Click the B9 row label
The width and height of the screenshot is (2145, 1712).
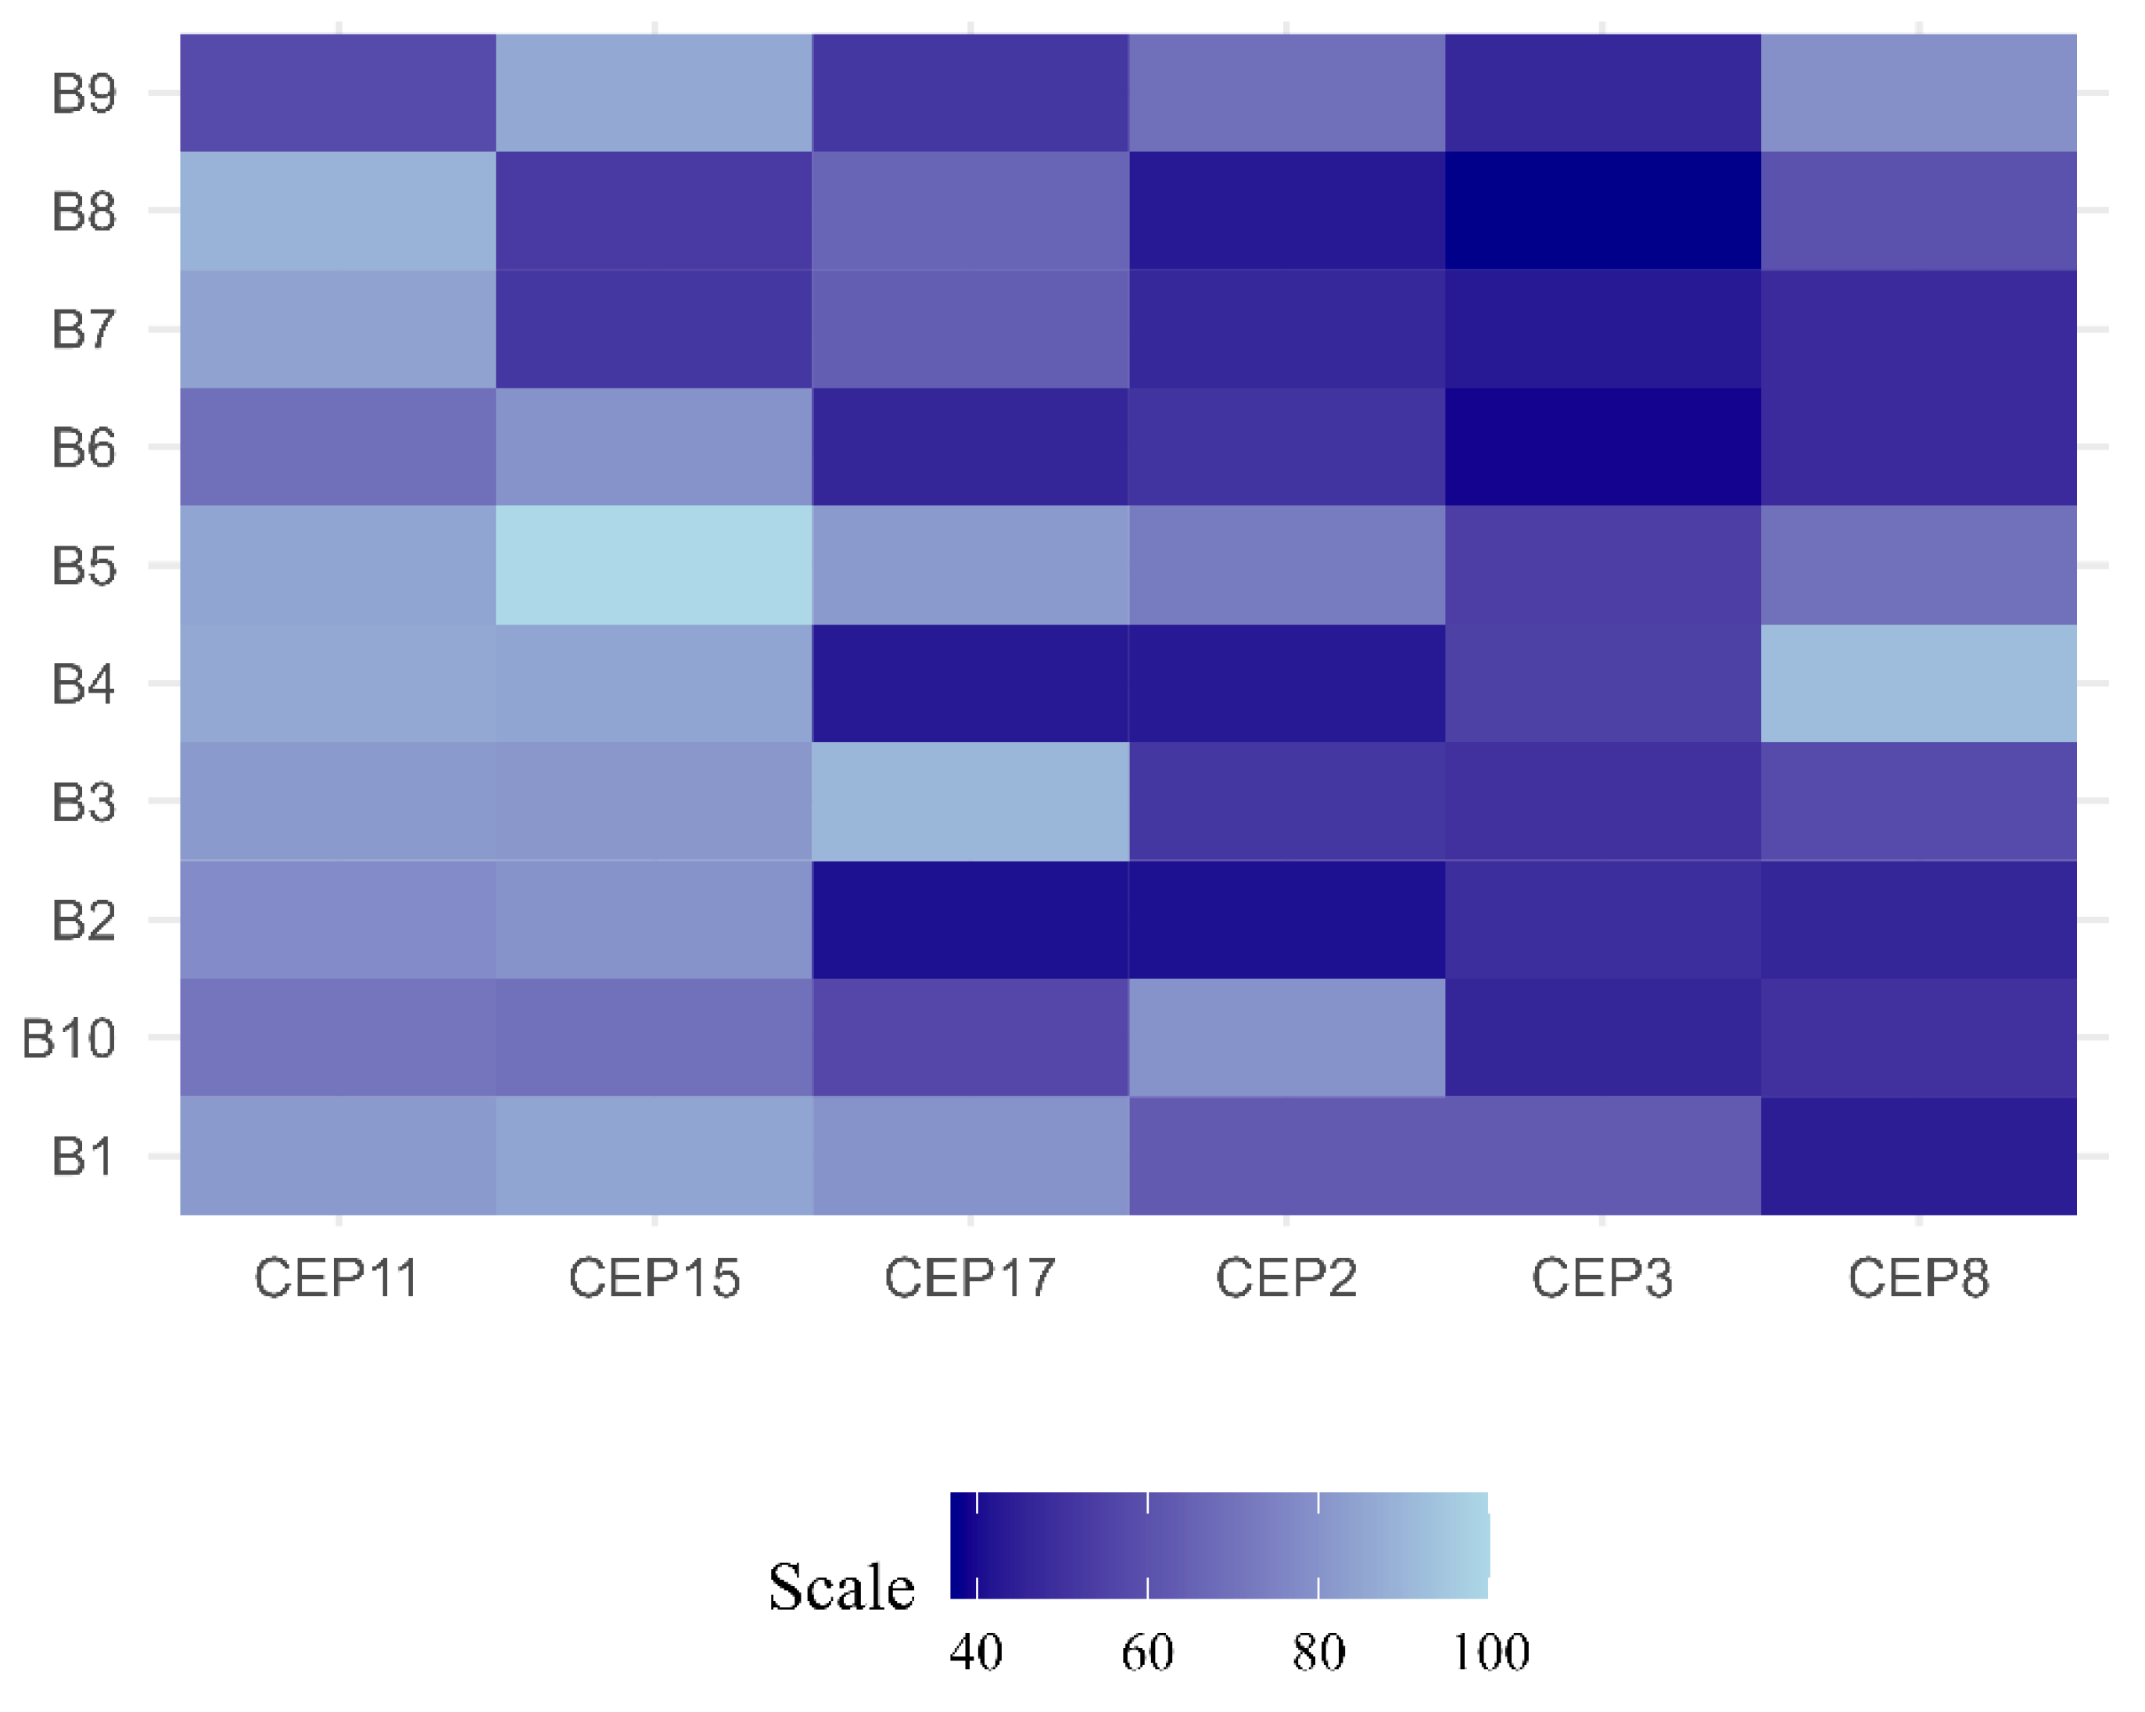pos(84,94)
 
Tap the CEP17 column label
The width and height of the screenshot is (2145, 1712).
pos(970,1278)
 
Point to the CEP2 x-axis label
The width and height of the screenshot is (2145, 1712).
pos(1286,1278)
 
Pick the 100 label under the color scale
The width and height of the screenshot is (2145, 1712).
pos(1490,1653)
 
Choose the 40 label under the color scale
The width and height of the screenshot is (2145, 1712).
pos(976,1653)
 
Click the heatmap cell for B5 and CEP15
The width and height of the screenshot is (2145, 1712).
pos(654,565)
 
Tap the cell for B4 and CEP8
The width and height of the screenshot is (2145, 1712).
pos(1918,683)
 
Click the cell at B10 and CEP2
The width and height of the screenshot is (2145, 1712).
pos(1286,1037)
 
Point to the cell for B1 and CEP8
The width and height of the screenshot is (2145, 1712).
pos(1918,1156)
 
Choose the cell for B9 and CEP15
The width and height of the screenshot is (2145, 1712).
pos(654,92)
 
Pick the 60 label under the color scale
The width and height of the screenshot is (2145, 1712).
pos(1147,1653)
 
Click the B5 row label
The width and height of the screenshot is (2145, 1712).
pos(84,566)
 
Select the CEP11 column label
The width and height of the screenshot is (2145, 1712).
pos(336,1278)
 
